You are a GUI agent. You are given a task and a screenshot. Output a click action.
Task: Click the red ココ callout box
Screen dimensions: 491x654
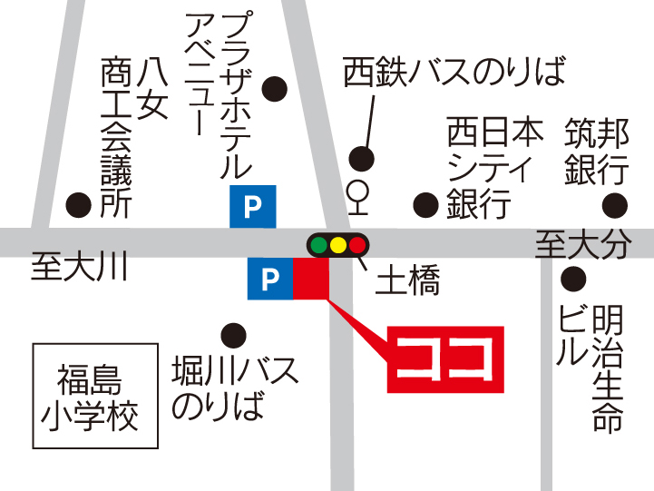445,358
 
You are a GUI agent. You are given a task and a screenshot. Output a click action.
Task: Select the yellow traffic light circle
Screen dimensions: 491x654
338,244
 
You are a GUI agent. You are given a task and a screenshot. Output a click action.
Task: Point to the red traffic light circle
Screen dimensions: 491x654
357,244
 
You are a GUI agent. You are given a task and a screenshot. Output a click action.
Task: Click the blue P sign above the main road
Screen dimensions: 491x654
253,207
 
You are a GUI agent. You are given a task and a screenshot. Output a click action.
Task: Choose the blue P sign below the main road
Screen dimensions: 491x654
270,279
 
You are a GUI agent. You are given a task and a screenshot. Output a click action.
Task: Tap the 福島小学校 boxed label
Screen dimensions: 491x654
90,397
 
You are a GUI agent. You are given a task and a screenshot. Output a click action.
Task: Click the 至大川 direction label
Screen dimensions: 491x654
80,268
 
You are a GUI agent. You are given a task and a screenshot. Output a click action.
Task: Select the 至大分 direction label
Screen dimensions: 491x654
581,244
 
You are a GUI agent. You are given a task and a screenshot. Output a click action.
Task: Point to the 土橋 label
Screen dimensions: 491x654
407,283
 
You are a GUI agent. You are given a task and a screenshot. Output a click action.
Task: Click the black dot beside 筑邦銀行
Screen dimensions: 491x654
616,204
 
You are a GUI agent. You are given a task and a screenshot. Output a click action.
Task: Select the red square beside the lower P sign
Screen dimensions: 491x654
311,279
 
